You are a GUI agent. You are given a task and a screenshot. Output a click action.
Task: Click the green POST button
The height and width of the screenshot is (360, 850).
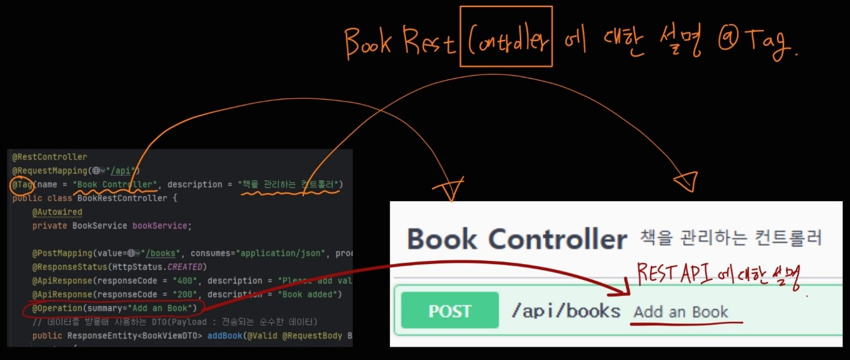pyautogui.click(x=449, y=311)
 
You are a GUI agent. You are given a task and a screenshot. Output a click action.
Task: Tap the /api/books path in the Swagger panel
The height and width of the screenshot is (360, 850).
pyautogui.click(x=566, y=311)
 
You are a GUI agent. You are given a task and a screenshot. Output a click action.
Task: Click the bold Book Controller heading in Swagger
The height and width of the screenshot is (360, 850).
pyautogui.click(x=517, y=239)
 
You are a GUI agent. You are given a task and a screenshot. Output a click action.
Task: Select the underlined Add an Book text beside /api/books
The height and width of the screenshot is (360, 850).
pyautogui.click(x=681, y=312)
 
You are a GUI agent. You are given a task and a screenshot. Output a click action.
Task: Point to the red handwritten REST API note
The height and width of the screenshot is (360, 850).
pyautogui.click(x=718, y=277)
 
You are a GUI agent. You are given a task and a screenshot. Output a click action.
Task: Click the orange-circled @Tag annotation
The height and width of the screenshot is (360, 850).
pyautogui.click(x=19, y=184)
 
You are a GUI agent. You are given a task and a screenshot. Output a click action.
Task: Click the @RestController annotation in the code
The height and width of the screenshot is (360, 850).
pyautogui.click(x=50, y=156)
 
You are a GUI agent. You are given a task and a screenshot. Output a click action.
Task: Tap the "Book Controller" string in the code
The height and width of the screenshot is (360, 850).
pyautogui.click(x=114, y=184)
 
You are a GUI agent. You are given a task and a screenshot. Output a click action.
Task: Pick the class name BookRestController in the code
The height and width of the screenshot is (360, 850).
pyautogui.click(x=122, y=198)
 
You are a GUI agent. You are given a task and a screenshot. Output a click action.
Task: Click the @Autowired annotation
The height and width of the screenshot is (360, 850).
pyautogui.click(x=57, y=212)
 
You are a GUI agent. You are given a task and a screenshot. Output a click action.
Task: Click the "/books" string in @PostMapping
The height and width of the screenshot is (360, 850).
pyautogui.click(x=157, y=253)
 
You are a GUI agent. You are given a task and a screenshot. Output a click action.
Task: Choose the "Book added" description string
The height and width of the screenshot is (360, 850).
pyautogui.click(x=312, y=295)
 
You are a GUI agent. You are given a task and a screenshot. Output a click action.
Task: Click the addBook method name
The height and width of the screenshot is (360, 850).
pyautogui.click(x=225, y=335)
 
